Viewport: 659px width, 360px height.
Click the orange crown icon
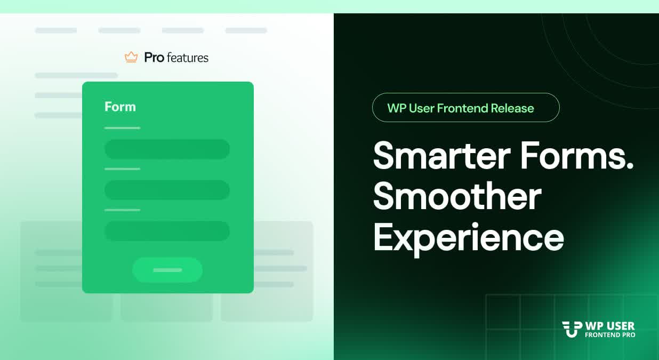coord(131,57)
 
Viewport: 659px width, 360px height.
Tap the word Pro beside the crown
coord(154,58)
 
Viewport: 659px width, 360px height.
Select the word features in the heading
coord(188,58)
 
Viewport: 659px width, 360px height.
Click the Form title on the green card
coord(120,107)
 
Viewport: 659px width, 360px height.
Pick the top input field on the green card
coord(167,149)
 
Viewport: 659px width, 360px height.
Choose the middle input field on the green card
coord(167,190)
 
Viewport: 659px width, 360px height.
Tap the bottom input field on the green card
coord(167,231)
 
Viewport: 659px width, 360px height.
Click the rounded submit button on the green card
coord(167,270)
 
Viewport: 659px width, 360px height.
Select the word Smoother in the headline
coord(457,196)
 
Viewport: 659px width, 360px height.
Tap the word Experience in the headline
coord(468,239)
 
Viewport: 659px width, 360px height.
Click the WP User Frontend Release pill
coord(465,107)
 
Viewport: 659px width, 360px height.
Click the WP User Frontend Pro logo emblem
coord(572,329)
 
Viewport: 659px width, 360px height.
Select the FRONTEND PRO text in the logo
coord(610,335)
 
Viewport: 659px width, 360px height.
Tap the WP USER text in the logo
coord(610,326)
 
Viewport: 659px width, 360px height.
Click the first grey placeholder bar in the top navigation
coord(56,30)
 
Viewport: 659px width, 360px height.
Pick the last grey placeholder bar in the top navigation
coord(246,30)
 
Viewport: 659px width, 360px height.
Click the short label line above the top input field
coord(123,128)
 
